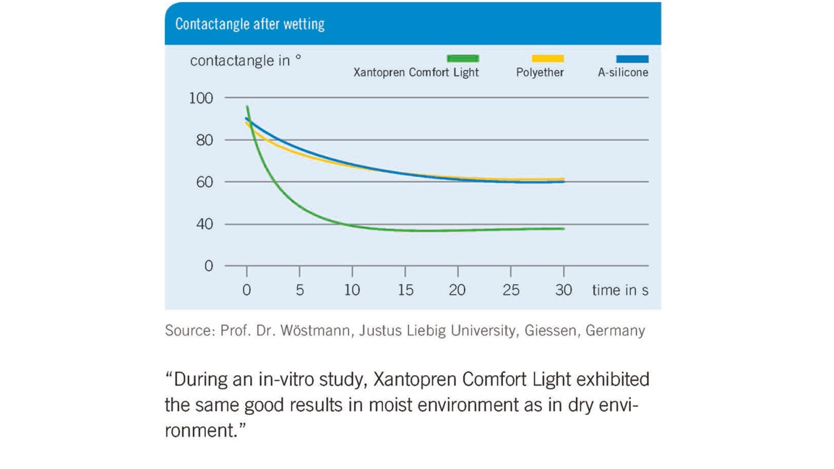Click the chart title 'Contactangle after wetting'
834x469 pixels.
point(250,25)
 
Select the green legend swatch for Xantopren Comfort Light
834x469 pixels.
point(463,59)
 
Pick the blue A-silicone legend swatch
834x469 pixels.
point(632,59)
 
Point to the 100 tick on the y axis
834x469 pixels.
point(201,98)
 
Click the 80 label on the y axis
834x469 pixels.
point(204,140)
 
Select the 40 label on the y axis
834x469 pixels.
point(204,224)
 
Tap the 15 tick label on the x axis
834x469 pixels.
point(405,291)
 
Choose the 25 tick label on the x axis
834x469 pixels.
point(511,291)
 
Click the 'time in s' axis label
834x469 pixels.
point(620,291)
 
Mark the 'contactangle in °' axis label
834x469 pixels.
point(246,61)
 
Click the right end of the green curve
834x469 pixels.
point(562,229)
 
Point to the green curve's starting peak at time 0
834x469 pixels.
point(248,107)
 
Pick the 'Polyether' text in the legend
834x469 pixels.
point(539,72)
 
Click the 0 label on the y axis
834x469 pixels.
point(209,266)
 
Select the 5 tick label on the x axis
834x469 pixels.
point(300,291)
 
